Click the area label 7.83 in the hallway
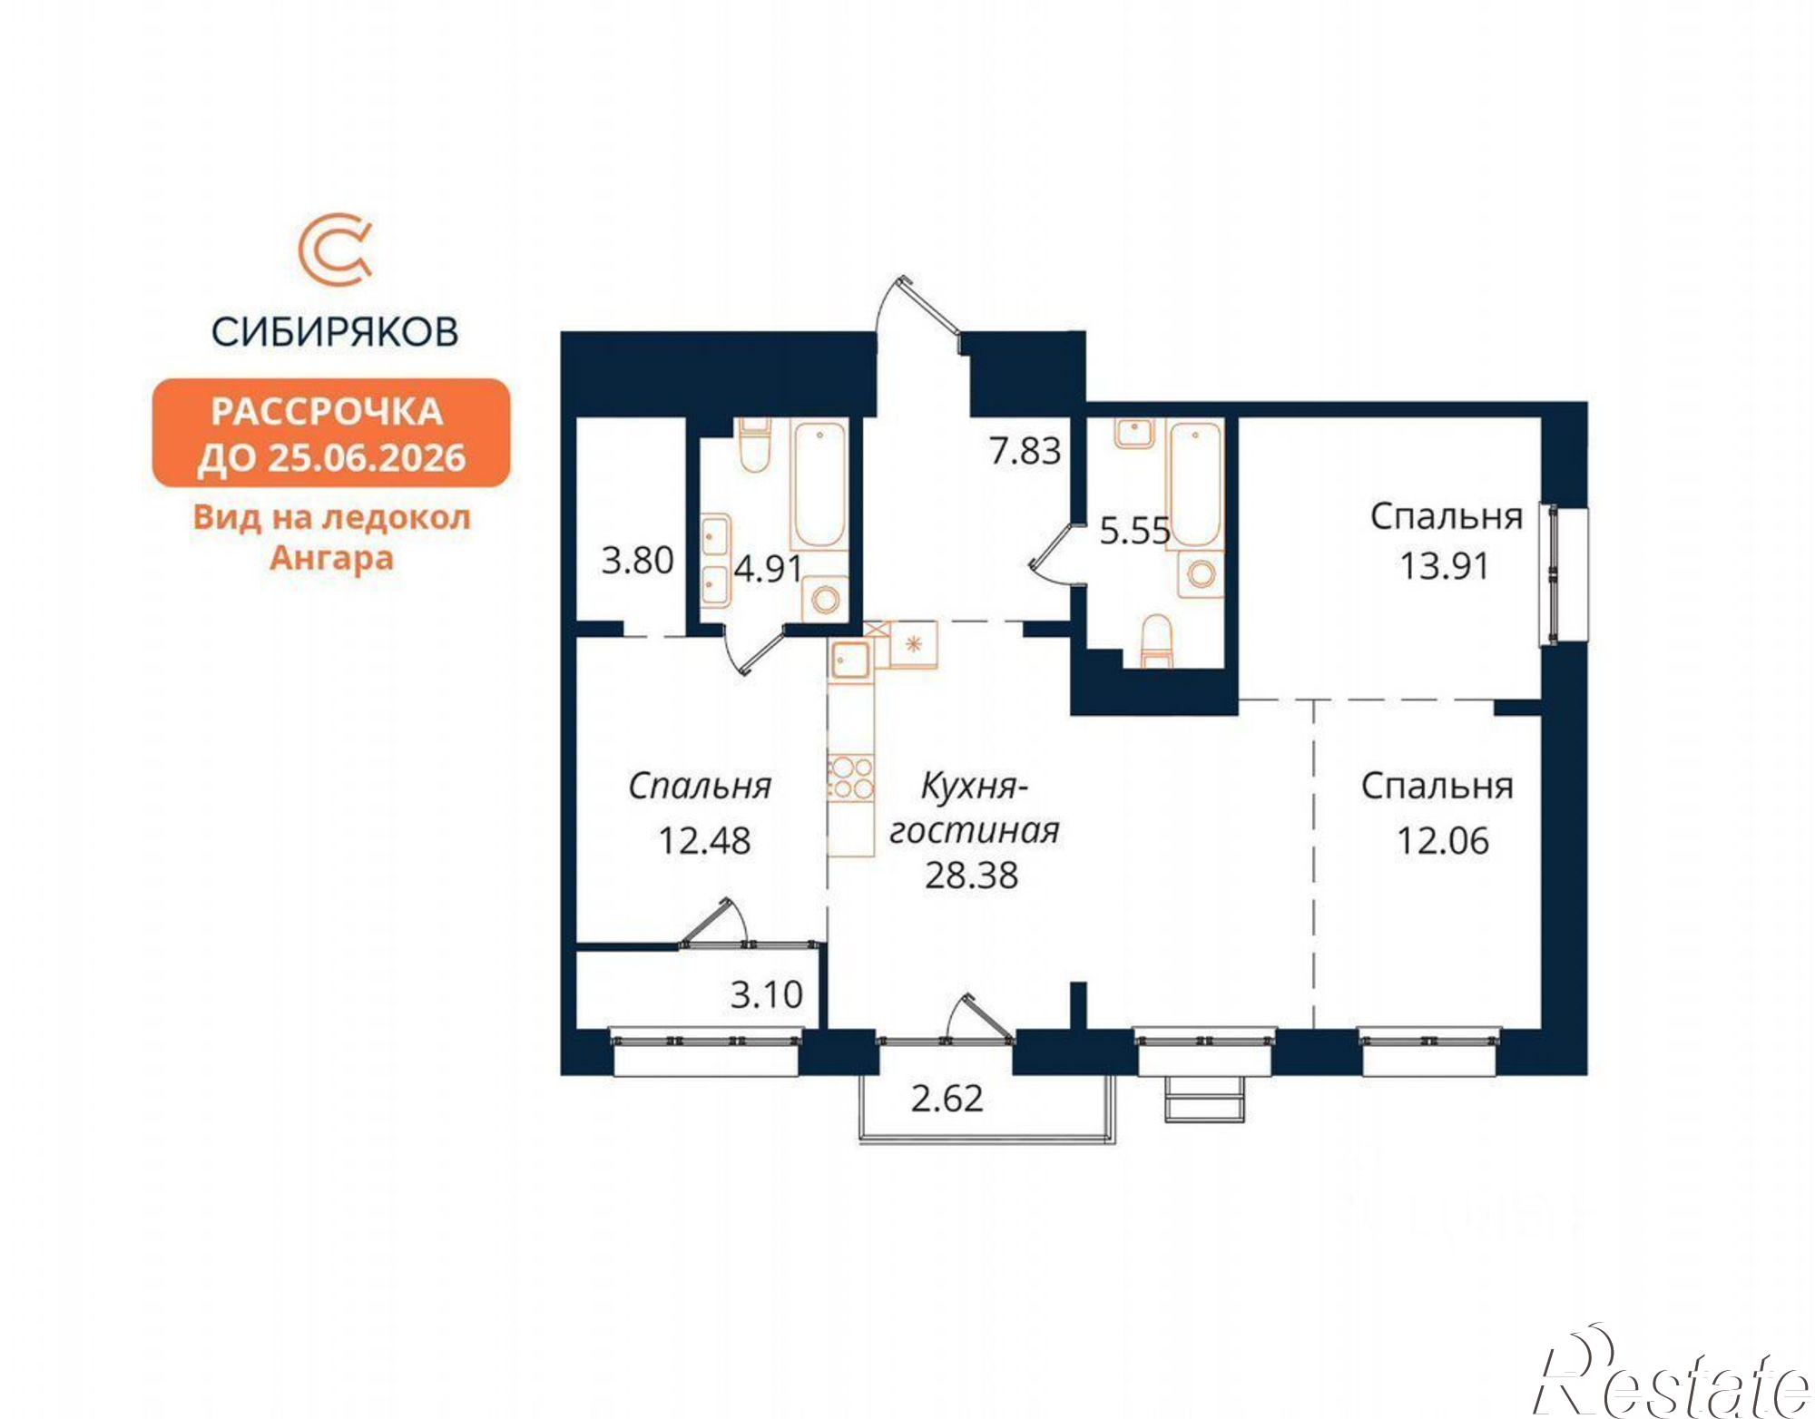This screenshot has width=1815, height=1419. coord(1025,451)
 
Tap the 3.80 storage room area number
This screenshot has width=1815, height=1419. coord(637,560)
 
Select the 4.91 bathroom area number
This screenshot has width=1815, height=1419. coord(768,569)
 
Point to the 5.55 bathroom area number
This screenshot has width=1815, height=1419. coord(1134,531)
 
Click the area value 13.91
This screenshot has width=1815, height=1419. coord(1444,566)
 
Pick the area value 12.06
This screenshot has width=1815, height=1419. coord(1443,841)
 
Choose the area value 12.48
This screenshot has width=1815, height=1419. coord(704,841)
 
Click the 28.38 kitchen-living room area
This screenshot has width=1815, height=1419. coord(971,876)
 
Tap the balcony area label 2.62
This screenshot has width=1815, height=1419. coord(947,1099)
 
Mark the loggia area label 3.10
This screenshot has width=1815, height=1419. coord(767,995)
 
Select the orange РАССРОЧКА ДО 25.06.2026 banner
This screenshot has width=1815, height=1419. coord(331,434)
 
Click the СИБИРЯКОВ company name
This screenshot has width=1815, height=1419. coord(335,332)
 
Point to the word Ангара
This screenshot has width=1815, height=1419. coord(332,558)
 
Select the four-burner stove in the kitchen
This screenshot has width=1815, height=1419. coord(851,778)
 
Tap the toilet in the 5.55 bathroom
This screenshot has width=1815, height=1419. coord(1155,641)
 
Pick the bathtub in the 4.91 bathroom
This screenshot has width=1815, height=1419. coord(819,484)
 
